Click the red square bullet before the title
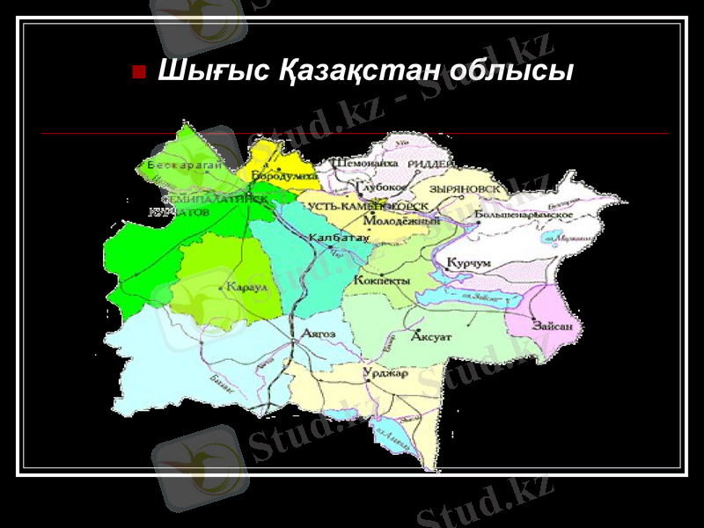click(138, 70)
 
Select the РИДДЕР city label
click(431, 165)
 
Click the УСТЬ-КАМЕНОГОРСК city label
click(368, 206)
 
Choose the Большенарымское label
click(523, 215)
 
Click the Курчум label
click(468, 263)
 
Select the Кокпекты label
click(382, 280)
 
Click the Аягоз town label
click(318, 334)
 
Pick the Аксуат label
click(431, 337)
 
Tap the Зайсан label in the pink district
click(552, 326)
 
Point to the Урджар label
click(385, 373)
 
